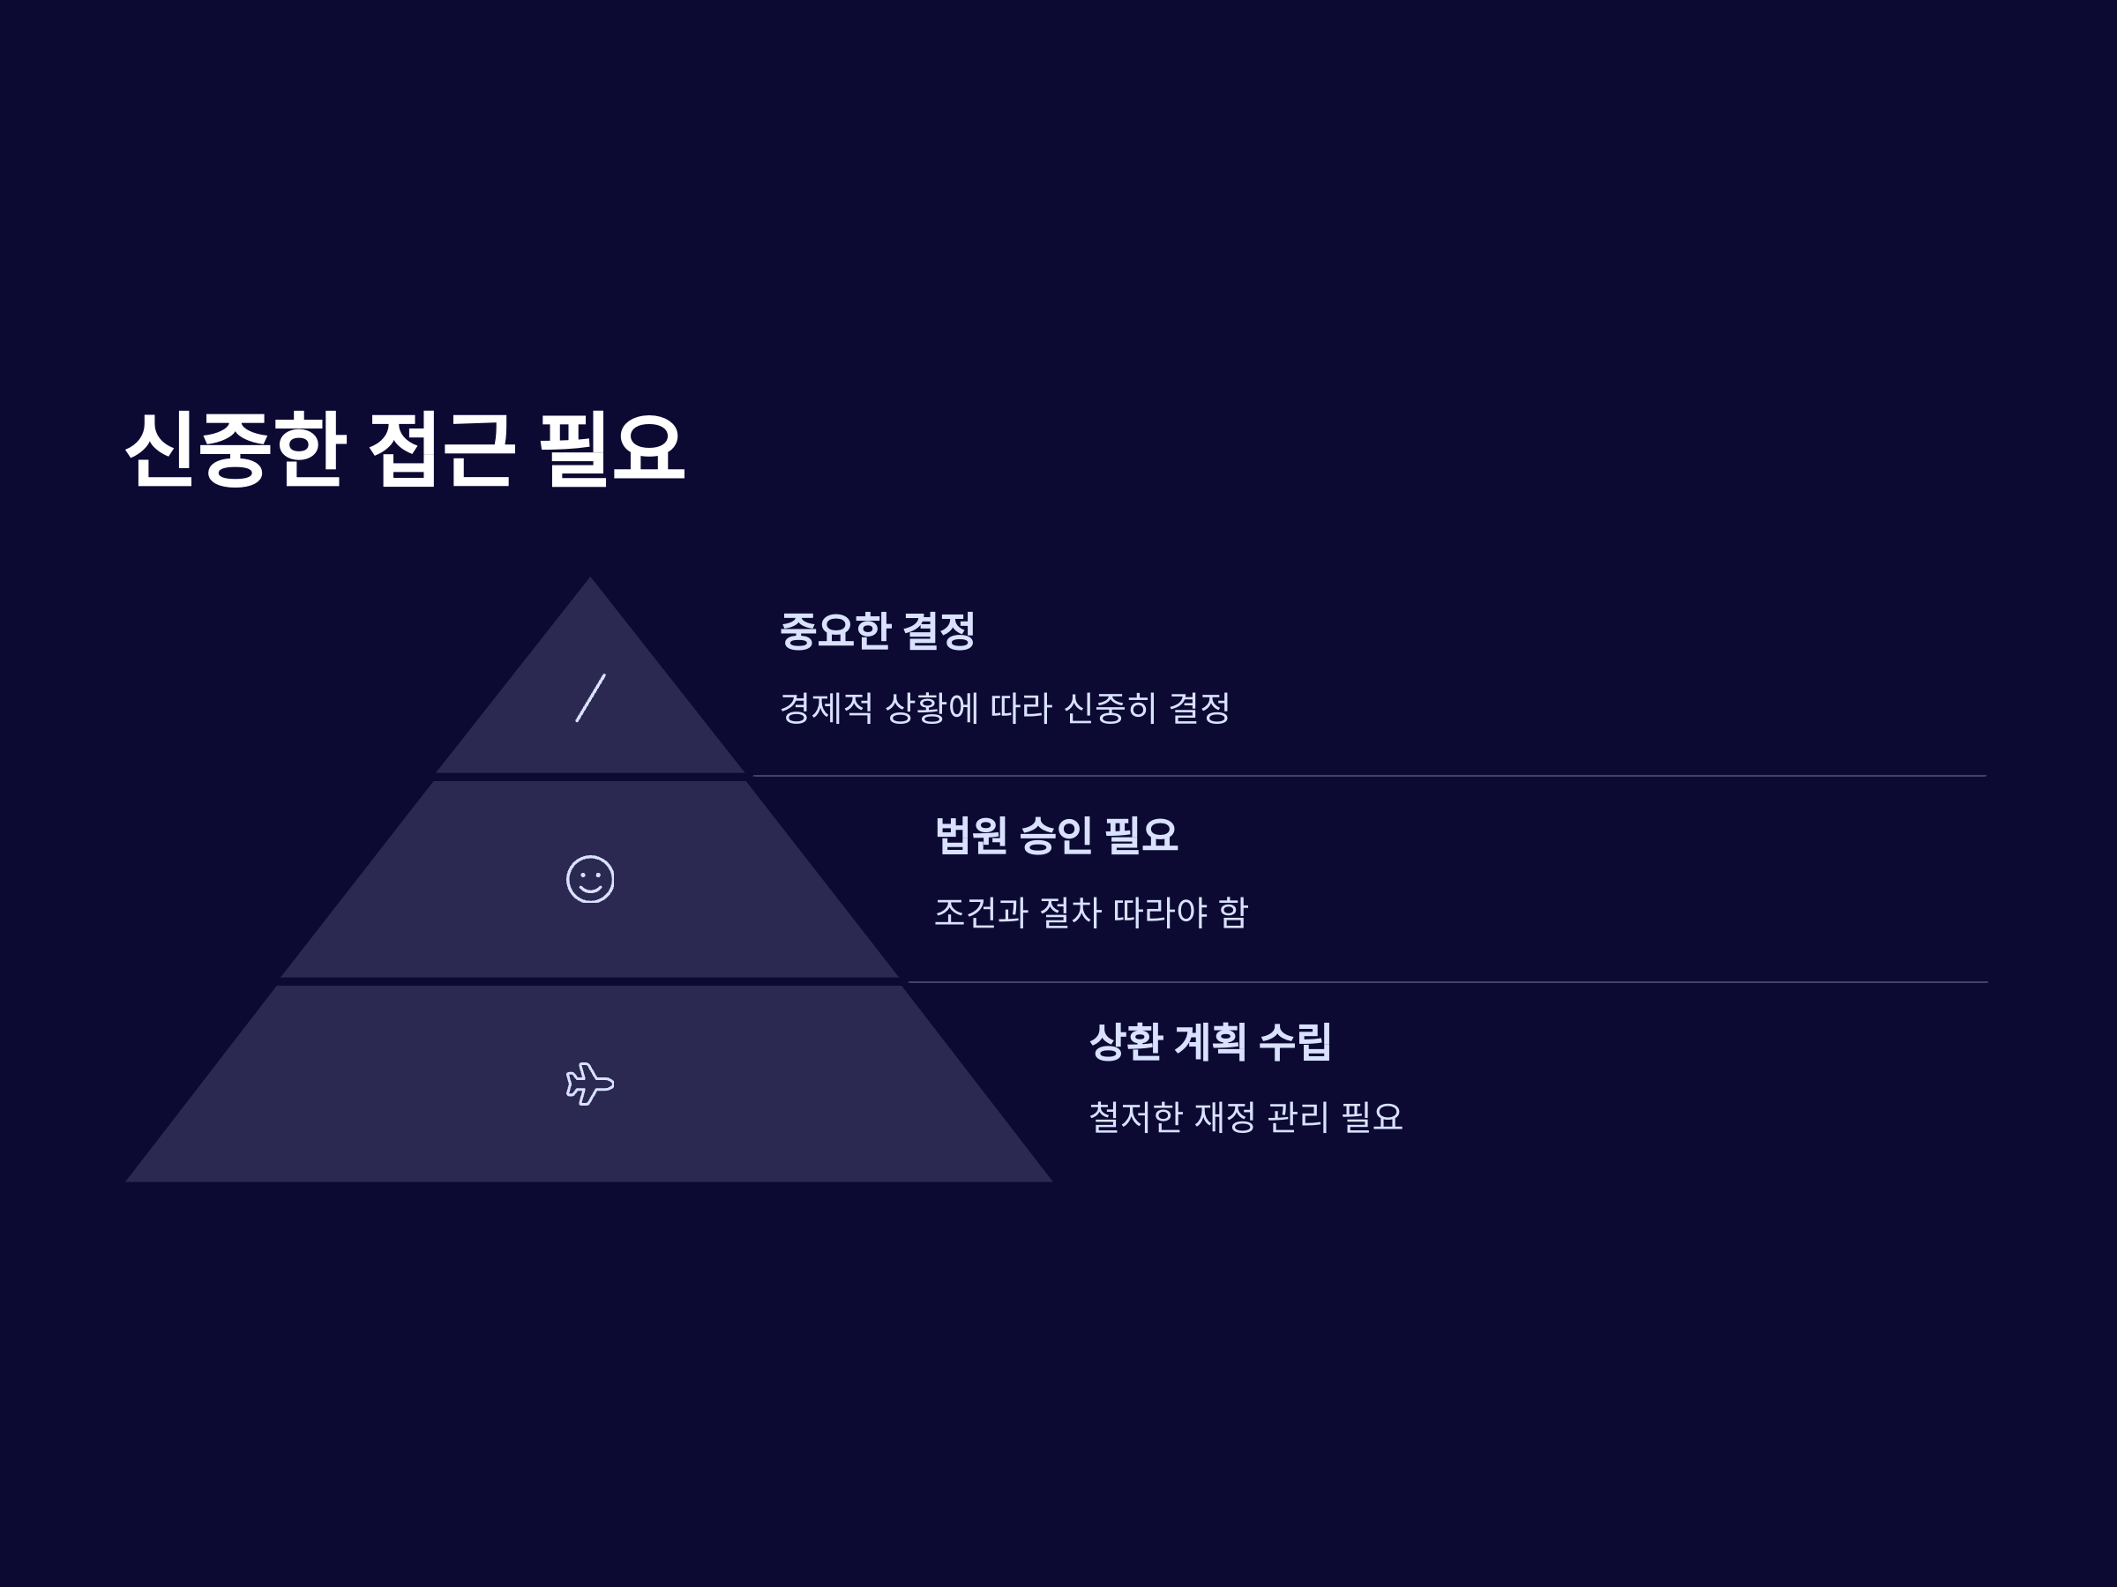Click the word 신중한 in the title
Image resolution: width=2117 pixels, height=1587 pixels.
click(235, 449)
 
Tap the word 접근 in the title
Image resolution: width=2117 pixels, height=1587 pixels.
click(441, 449)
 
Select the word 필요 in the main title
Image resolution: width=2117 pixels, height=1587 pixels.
click(611, 449)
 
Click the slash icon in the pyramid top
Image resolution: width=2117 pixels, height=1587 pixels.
click(589, 697)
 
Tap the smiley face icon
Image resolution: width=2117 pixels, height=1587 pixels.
click(589, 878)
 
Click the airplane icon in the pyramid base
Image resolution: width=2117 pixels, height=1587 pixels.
click(589, 1084)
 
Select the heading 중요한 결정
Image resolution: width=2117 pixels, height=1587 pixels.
click(877, 631)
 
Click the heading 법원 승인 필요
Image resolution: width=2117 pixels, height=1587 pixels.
click(1056, 835)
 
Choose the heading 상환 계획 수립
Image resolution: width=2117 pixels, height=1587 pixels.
click(1209, 1042)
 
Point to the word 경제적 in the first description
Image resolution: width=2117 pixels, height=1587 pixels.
click(826, 709)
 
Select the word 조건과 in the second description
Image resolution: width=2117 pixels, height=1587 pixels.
click(980, 913)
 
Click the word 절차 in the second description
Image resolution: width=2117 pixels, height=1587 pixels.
click(1070, 913)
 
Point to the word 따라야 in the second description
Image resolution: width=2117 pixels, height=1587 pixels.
click(1160, 913)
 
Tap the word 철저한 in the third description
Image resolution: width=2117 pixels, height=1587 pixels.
click(1135, 1117)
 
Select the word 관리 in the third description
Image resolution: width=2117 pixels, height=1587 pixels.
click(1297, 1117)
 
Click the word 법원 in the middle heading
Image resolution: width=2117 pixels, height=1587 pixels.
click(970, 835)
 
